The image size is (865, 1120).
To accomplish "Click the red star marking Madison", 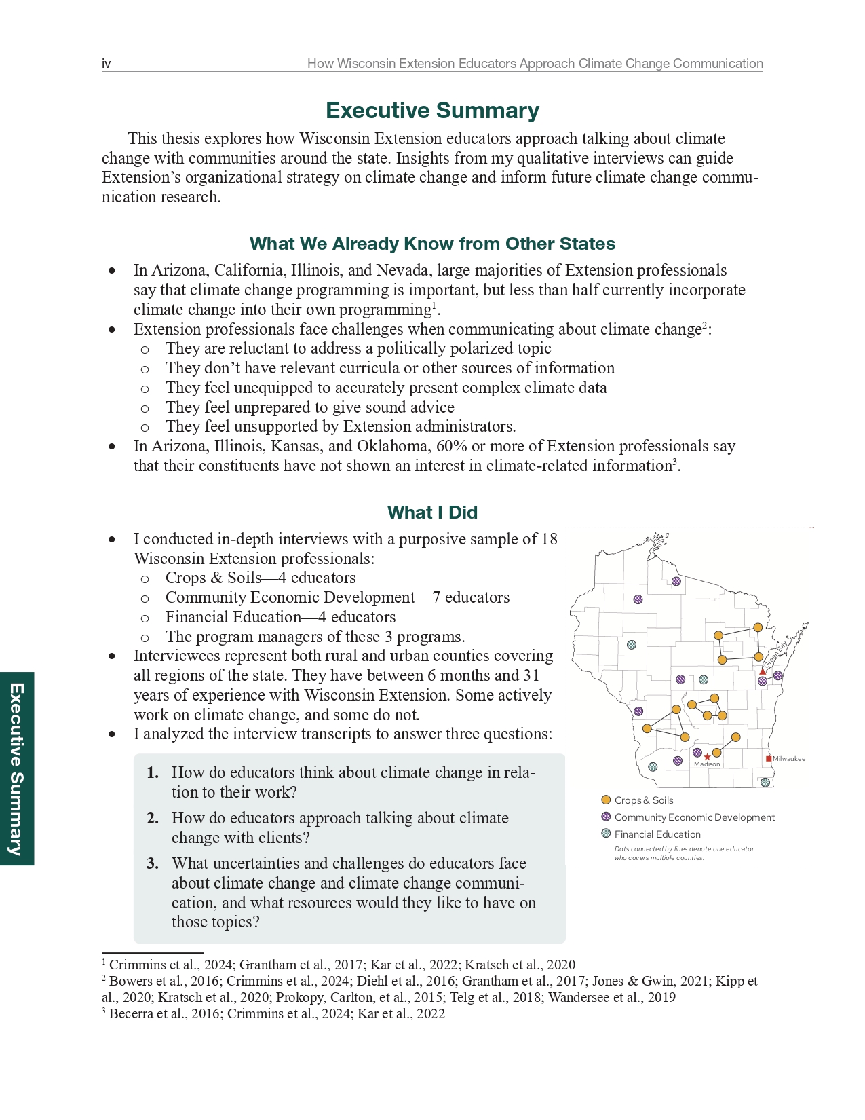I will click(708, 756).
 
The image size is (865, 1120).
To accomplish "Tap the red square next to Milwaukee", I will click(769, 759).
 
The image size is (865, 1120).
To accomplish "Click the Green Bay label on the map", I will click(775, 654).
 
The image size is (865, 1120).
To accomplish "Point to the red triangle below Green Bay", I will click(763, 671).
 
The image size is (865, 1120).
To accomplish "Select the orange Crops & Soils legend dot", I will click(606, 800).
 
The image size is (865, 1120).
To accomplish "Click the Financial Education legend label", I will click(657, 834).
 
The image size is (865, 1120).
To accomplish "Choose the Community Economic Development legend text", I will click(694, 817).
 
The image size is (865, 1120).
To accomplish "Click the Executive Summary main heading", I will click(432, 110).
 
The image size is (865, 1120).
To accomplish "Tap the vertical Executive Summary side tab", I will click(16, 768).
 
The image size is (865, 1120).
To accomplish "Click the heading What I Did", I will click(432, 512).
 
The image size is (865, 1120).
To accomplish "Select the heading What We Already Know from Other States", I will click(432, 244).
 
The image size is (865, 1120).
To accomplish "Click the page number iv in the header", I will click(107, 64).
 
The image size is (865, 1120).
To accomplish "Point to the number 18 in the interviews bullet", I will click(549, 539).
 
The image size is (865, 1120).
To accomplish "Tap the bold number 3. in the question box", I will click(153, 863).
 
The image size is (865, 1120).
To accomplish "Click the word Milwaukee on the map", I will click(789, 759).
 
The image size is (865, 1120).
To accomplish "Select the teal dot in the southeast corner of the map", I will click(765, 782).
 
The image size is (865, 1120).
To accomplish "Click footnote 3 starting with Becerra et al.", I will click(273, 1013).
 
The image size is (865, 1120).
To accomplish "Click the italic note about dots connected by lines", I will click(683, 853).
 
